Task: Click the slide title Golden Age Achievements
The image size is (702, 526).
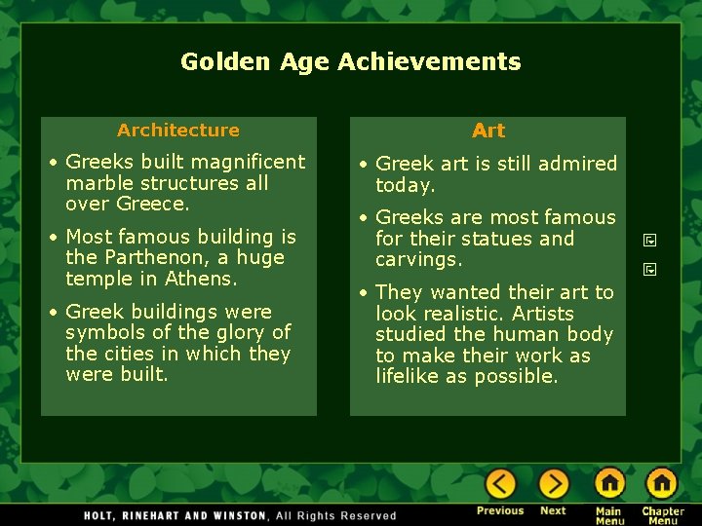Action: [x=350, y=61]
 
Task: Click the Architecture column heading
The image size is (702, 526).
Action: [x=177, y=130]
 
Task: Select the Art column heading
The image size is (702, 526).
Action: [x=488, y=131]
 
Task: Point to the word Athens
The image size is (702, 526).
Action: [x=203, y=280]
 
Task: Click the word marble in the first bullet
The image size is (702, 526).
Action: [x=98, y=183]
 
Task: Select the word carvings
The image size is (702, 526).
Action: [x=419, y=260]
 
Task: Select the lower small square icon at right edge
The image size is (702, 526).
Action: [x=648, y=270]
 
